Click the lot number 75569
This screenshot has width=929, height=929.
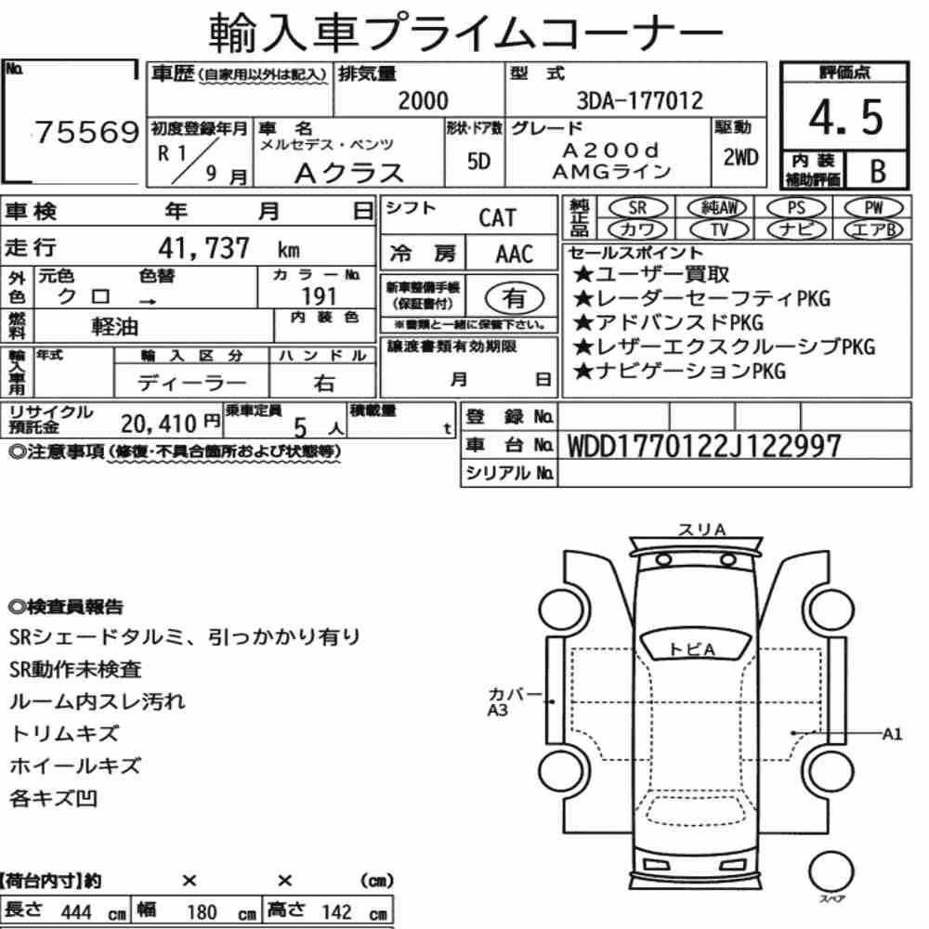[x=86, y=132]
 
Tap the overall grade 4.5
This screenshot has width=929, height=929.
[x=846, y=117]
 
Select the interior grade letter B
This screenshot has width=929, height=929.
[x=878, y=171]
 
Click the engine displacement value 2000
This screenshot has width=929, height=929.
[x=423, y=100]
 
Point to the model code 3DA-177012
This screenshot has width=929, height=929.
[x=640, y=100]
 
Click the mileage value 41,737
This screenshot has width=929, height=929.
[x=203, y=248]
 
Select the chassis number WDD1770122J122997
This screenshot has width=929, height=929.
[x=704, y=446]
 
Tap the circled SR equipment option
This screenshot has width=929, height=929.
[x=637, y=208]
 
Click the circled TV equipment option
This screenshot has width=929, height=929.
[x=719, y=229]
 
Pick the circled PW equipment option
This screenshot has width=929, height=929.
[x=873, y=208]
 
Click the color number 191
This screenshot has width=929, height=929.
[x=319, y=296]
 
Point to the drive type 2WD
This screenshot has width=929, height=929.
[x=740, y=158]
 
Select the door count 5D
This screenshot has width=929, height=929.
[x=478, y=161]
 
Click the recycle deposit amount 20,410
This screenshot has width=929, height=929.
[x=158, y=424]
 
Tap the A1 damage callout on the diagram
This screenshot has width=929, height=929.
[x=892, y=735]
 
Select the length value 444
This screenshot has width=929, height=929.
[x=76, y=912]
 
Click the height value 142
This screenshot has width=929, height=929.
[x=336, y=912]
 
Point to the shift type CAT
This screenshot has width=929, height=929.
[x=497, y=218]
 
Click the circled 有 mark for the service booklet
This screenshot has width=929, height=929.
[x=514, y=298]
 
